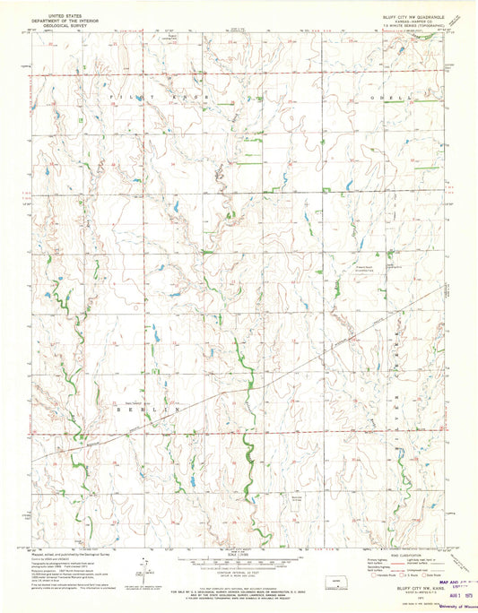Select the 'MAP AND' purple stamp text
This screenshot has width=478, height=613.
(x=453, y=583)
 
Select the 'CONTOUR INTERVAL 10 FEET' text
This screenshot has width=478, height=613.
(x=238, y=568)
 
